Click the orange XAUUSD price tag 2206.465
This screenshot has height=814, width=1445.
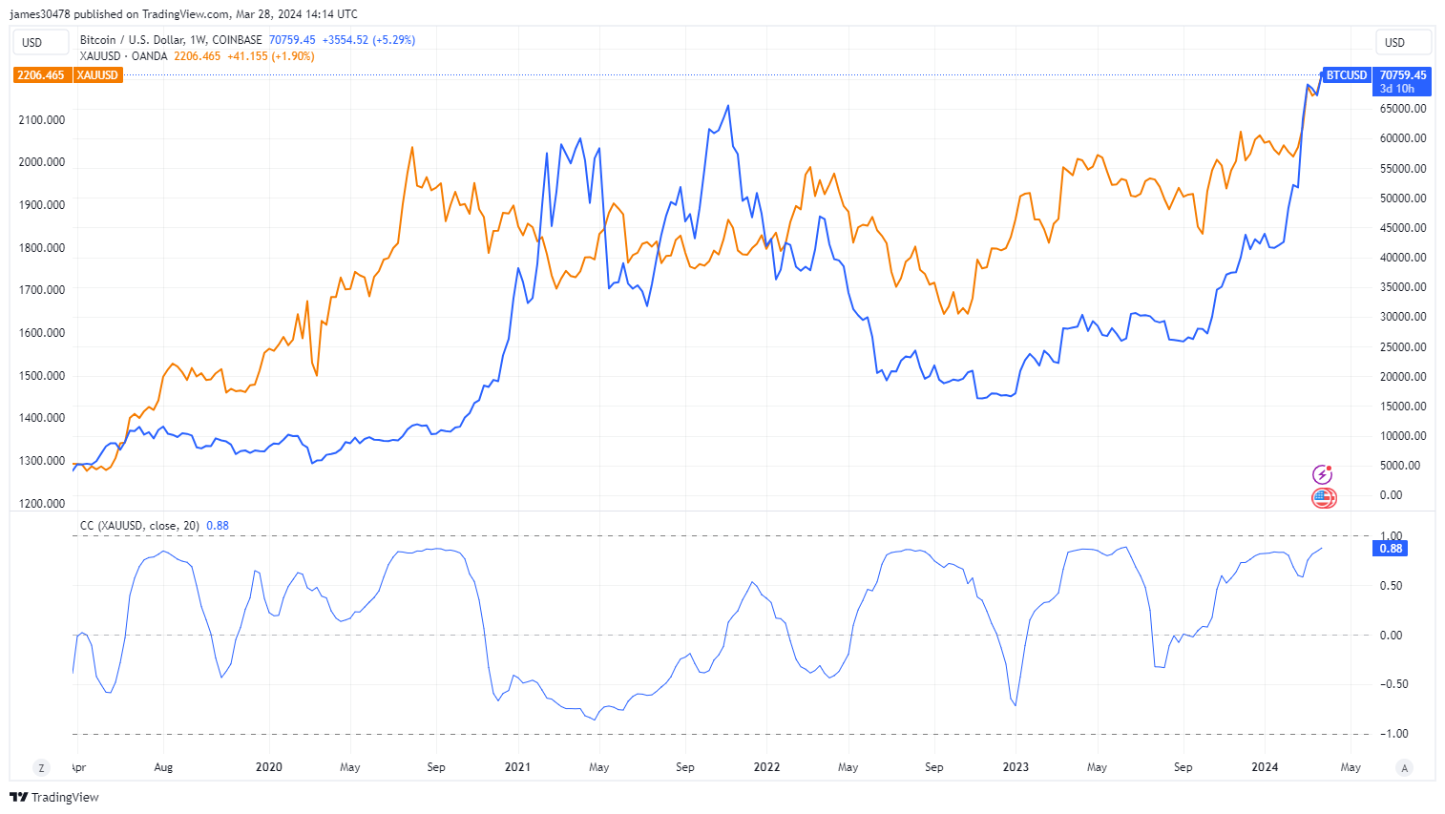point(41,75)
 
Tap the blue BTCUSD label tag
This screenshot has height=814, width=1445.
point(1346,75)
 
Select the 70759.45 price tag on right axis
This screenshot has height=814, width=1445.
point(1402,75)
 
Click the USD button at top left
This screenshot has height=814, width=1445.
point(32,43)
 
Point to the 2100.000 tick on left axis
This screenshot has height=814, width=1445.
point(42,120)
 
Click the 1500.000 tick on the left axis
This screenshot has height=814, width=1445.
point(42,376)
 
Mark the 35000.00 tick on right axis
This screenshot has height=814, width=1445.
point(1403,287)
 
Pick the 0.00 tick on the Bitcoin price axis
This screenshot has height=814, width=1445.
point(1391,495)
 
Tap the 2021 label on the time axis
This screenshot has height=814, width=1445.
point(517,767)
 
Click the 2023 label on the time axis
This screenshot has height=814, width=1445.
point(1016,767)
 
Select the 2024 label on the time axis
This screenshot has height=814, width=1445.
point(1265,767)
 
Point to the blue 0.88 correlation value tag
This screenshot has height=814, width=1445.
point(1391,549)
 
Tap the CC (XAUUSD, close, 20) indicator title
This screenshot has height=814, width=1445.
point(139,526)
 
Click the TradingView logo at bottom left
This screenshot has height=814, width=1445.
point(54,798)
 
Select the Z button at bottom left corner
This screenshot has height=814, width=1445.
point(41,767)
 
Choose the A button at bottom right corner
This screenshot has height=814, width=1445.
point(1404,767)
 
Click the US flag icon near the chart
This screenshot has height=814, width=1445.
point(1323,497)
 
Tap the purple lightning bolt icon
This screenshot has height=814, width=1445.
point(1322,474)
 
